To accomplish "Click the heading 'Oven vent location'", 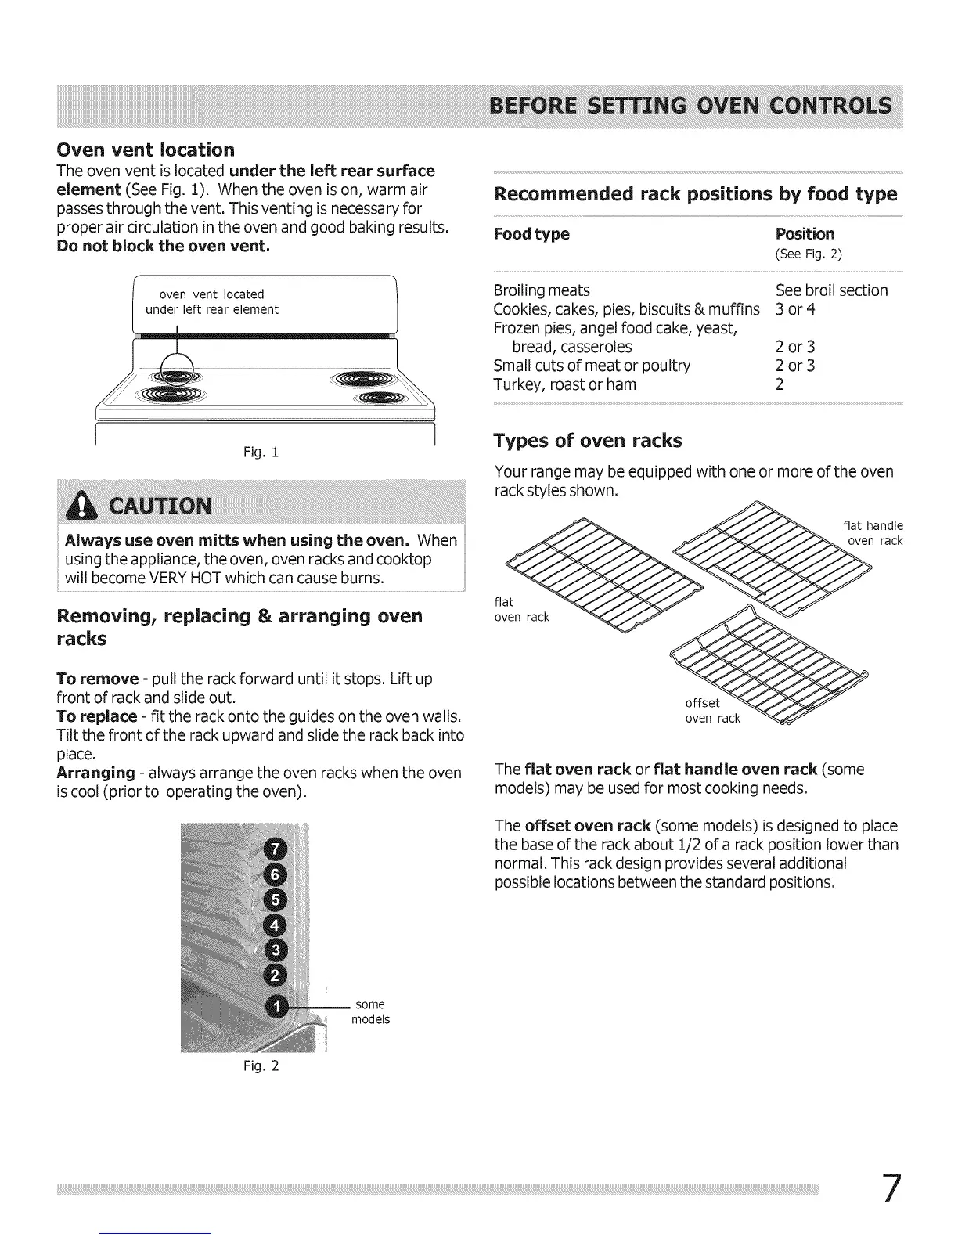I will click(x=146, y=150).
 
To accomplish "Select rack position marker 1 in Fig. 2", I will click(x=276, y=1006).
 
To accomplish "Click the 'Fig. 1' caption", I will click(x=265, y=452).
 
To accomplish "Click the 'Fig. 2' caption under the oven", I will click(x=265, y=1065).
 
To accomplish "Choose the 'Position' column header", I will click(x=805, y=234).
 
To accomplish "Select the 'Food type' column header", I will click(x=531, y=234).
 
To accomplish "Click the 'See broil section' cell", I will click(x=831, y=290).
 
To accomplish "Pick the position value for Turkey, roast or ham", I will click(x=780, y=384).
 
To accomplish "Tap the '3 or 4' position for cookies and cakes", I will click(x=795, y=309).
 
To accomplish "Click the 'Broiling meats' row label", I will click(x=542, y=290).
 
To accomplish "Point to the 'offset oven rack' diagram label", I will click(x=712, y=711).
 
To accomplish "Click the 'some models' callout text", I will click(x=370, y=1011).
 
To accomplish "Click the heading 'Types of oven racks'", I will click(x=588, y=441).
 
